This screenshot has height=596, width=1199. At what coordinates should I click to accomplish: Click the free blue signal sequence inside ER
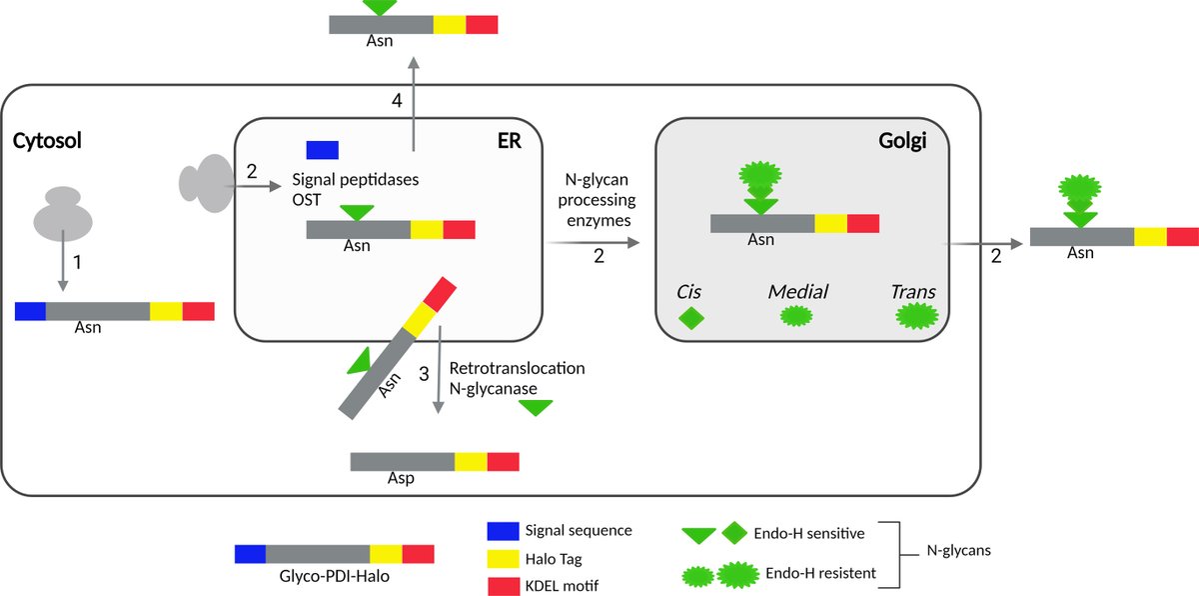322,150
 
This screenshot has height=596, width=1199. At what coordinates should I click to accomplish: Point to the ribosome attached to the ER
204,183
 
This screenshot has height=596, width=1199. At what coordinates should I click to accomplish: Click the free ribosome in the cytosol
62,211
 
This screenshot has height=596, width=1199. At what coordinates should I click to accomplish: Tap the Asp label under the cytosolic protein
401,478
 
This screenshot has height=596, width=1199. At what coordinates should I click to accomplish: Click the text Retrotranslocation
517,368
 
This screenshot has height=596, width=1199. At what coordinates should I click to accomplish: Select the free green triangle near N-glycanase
536,407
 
